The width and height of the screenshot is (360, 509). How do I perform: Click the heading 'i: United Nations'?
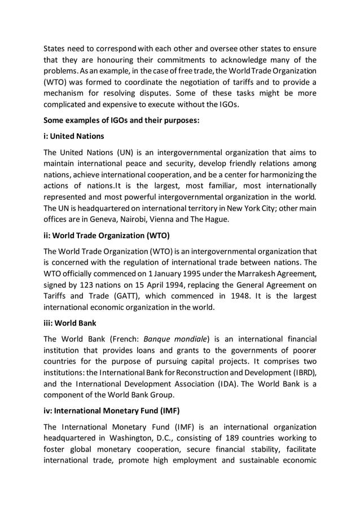[74, 136]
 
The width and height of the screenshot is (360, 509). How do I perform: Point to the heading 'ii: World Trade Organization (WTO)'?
[107, 235]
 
